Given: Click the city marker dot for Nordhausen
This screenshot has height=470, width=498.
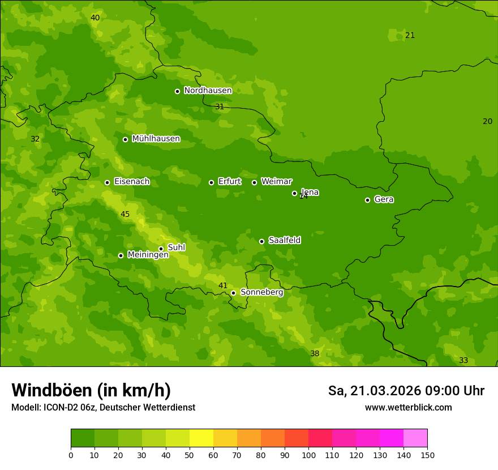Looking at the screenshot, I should pyautogui.click(x=177, y=91).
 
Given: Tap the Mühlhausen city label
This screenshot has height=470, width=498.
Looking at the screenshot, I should pyautogui.click(x=156, y=139).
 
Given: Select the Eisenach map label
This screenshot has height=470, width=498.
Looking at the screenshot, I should pyautogui.click(x=132, y=182).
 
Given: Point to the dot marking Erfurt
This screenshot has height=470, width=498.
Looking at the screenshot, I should pyautogui.click(x=211, y=182).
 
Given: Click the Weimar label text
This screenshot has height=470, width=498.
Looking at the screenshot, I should pyautogui.click(x=276, y=182).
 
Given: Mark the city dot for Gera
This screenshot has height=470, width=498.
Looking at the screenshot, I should pyautogui.click(x=367, y=200).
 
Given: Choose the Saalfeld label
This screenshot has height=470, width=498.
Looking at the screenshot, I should pyautogui.click(x=284, y=241).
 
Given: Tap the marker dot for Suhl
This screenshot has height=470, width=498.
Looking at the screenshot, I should pyautogui.click(x=161, y=249).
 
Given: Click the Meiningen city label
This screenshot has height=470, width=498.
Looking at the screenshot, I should pyautogui.click(x=148, y=255).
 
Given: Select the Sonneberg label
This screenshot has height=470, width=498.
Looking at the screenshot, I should pyautogui.click(x=261, y=292).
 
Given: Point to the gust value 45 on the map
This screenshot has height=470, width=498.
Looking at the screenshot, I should pyautogui.click(x=125, y=215).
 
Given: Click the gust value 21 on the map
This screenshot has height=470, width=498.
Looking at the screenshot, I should pyautogui.click(x=410, y=36).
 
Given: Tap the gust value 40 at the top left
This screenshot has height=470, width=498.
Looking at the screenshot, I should pyautogui.click(x=95, y=18).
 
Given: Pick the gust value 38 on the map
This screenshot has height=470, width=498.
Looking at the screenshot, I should pyautogui.click(x=315, y=354).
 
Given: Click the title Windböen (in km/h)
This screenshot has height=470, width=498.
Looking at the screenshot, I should pyautogui.click(x=91, y=391).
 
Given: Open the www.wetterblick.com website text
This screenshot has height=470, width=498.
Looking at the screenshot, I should pyautogui.click(x=408, y=408).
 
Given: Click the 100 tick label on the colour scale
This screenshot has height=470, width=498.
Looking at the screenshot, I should pyautogui.click(x=308, y=455).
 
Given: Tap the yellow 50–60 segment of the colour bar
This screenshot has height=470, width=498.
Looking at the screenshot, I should pyautogui.click(x=201, y=438).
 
